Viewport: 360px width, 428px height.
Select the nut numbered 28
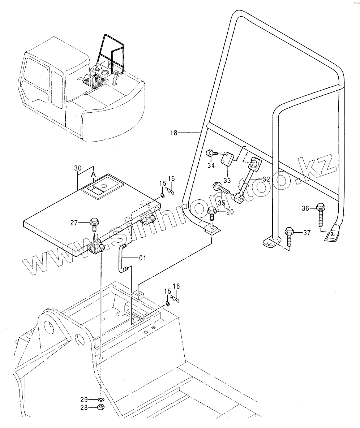pos(102,407)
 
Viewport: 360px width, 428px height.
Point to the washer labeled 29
pos(102,399)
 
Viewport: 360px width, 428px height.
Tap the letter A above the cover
pos(93,175)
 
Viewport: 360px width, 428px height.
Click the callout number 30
pos(78,168)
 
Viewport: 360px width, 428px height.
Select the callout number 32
pos(266,179)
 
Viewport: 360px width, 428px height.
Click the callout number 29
pos(84,399)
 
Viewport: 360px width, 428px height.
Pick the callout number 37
pos(307,233)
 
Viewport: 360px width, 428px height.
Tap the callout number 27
pos(74,223)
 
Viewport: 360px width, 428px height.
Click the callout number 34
pos(211,165)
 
